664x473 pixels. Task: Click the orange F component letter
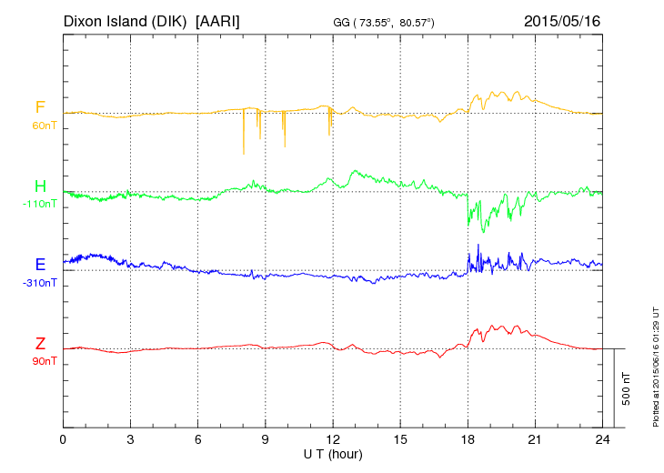(40, 107)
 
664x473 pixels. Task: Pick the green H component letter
(40, 187)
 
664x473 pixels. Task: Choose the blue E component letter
(40, 265)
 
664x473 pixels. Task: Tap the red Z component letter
(40, 344)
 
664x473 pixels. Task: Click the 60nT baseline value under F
(40, 125)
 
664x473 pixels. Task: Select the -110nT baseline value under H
(40, 204)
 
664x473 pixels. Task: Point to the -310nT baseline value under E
(40, 282)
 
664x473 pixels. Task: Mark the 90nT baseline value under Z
(40, 360)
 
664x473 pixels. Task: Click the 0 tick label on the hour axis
(63, 440)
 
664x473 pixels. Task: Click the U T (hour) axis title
(333, 453)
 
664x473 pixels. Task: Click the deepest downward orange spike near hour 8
(244, 152)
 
